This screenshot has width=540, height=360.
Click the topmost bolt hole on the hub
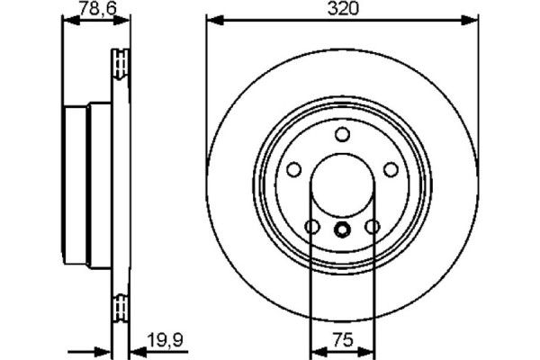pyautogui.click(x=341, y=135)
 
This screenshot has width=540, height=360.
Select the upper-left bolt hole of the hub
pyautogui.click(x=292, y=170)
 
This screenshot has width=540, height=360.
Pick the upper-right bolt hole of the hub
pyautogui.click(x=390, y=170)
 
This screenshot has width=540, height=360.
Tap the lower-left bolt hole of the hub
pyautogui.click(x=311, y=228)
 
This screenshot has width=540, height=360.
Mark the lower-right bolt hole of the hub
pyautogui.click(x=372, y=228)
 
